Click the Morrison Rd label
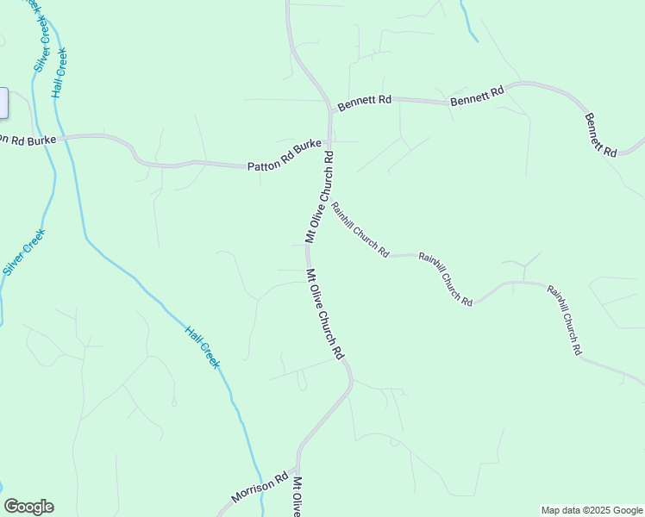click(259, 488)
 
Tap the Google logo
click(28, 507)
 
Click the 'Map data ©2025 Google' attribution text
click(592, 510)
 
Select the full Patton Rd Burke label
click(284, 155)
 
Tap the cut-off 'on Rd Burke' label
click(28, 140)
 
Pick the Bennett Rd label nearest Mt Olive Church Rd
click(364, 103)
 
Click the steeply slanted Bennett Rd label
click(601, 134)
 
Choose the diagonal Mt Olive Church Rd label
click(325, 314)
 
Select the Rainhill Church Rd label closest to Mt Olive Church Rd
click(360, 229)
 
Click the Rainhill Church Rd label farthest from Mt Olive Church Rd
click(565, 320)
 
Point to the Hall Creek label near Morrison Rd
click(204, 346)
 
